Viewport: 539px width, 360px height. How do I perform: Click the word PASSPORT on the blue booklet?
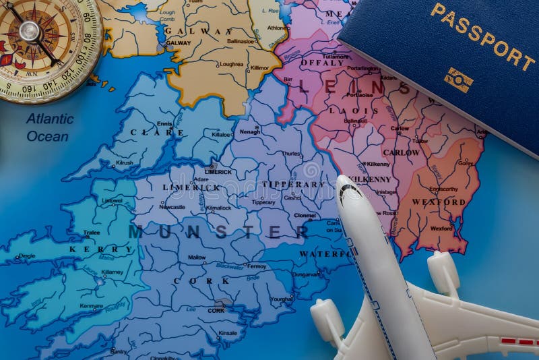(x=482, y=36)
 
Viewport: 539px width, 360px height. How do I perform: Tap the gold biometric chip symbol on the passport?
(x=457, y=80)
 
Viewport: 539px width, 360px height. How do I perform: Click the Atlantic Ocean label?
(x=49, y=127)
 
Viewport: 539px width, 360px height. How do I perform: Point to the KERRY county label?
(x=101, y=249)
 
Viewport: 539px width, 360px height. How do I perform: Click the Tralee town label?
(x=91, y=233)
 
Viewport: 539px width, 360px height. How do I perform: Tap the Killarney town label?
(x=112, y=272)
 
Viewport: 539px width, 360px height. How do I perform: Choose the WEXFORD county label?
(x=439, y=202)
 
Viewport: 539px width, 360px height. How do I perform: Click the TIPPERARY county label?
(x=292, y=184)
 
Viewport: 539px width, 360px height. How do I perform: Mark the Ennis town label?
(x=164, y=123)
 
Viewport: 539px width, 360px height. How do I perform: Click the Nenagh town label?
(x=249, y=131)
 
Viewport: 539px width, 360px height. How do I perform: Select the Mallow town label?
(x=197, y=258)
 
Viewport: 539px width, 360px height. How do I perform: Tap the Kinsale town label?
(x=228, y=333)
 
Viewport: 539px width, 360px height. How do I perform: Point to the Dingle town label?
(x=27, y=256)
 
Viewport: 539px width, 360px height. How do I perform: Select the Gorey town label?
(x=465, y=163)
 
